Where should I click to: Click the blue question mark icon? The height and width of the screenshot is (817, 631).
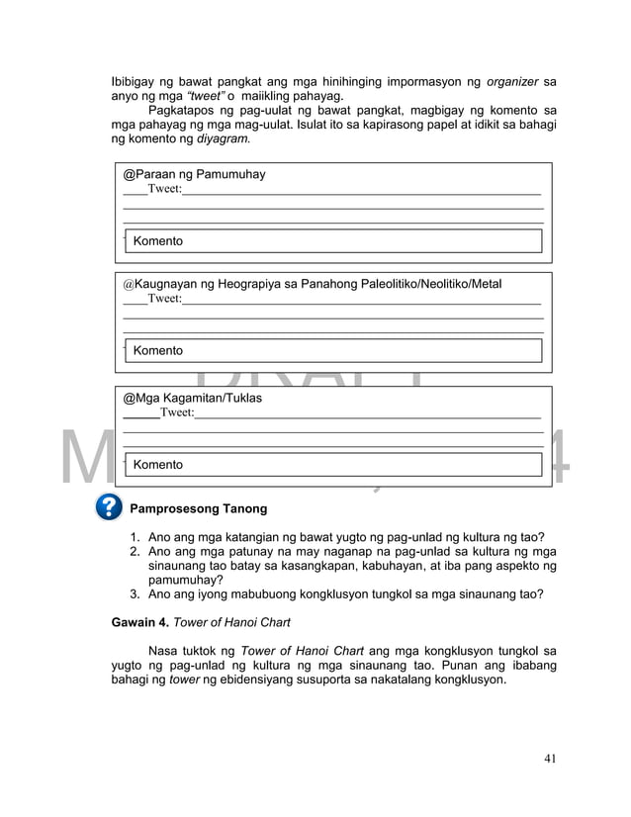(x=109, y=507)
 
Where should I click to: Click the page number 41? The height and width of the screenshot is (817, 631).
(x=550, y=759)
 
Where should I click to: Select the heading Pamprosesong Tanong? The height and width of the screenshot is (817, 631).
(x=199, y=509)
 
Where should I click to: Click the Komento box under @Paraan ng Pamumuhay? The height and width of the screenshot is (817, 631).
(x=333, y=241)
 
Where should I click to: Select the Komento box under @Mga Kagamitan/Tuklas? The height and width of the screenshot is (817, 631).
(x=333, y=465)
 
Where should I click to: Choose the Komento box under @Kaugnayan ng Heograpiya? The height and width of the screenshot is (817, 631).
(x=333, y=351)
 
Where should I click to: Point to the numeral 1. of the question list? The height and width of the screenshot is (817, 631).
(x=135, y=538)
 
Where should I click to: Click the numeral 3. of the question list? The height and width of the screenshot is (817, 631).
(x=135, y=594)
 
